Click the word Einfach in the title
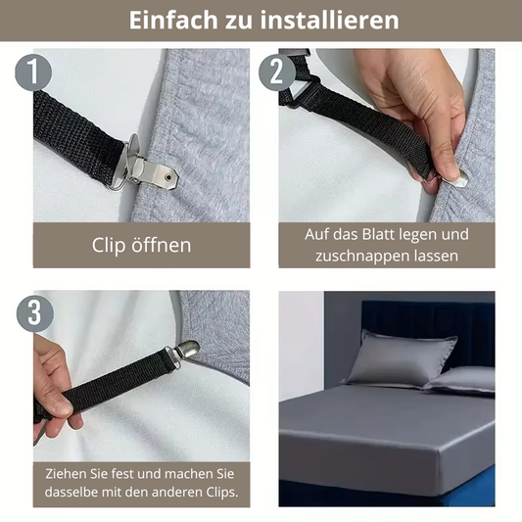click(173, 20)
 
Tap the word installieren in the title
click(329, 20)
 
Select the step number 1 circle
click(33, 72)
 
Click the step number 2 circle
click(277, 72)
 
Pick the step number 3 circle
click(35, 313)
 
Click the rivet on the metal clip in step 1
click(168, 177)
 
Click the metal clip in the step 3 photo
click(184, 351)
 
